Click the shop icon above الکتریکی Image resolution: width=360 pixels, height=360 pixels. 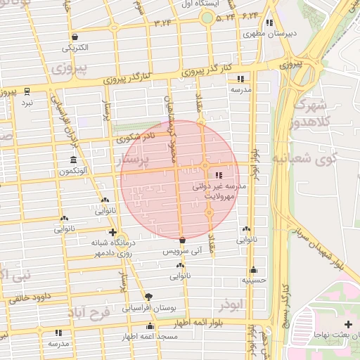click(x=75, y=37)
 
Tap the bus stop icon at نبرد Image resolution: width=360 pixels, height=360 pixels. click(x=27, y=91)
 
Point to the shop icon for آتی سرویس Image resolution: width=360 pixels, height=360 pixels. click(x=182, y=240)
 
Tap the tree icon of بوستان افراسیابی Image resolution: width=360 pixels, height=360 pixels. click(x=148, y=296)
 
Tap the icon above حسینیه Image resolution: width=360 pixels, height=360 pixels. click(x=253, y=269)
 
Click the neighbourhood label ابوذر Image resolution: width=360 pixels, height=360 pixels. click(x=230, y=304)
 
